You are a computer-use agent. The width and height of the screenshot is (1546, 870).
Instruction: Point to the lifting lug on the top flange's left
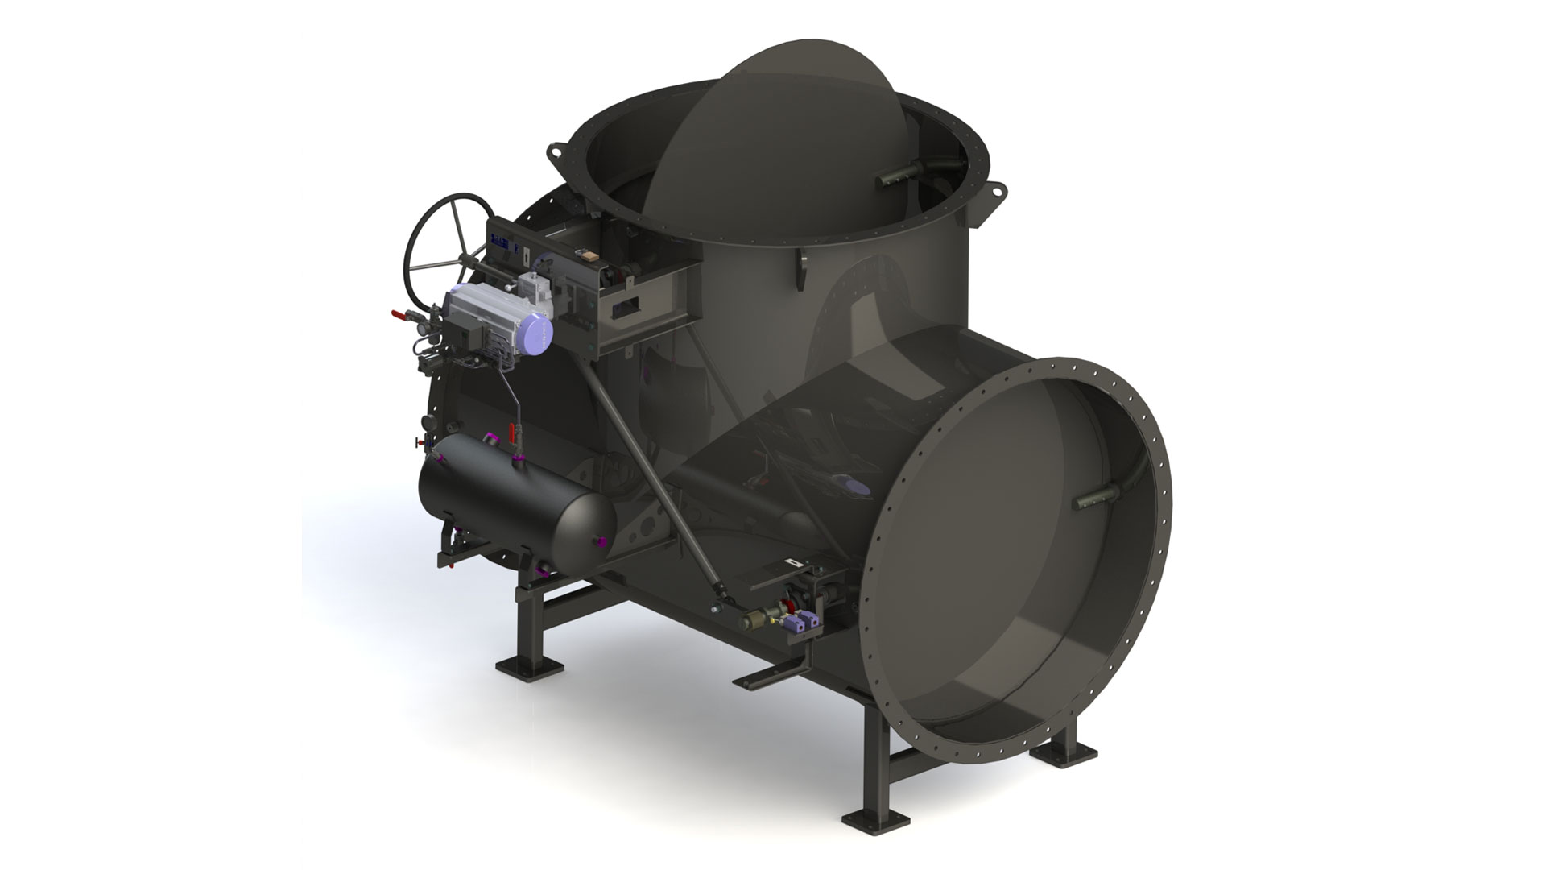click(556, 151)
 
